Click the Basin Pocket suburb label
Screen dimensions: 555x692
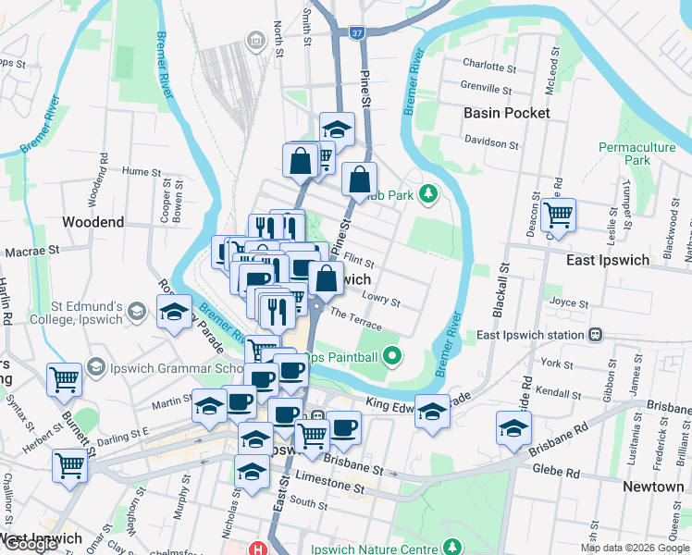(507, 113)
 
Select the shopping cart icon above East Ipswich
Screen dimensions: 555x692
(558, 216)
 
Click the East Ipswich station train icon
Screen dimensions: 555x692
(596, 335)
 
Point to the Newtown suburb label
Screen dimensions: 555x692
(653, 487)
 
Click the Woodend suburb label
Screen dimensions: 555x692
(93, 222)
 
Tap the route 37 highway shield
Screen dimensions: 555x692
(358, 33)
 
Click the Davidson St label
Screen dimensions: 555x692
(492, 143)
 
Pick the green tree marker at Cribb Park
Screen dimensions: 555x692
(427, 193)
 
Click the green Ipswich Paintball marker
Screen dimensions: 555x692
(392, 354)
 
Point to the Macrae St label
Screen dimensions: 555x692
(31, 250)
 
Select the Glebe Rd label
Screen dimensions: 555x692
(557, 473)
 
